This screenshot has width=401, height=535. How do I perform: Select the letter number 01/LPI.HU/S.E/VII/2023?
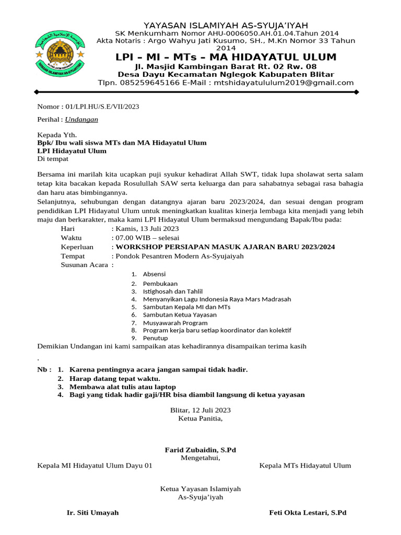(99, 107)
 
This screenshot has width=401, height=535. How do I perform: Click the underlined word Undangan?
(81, 119)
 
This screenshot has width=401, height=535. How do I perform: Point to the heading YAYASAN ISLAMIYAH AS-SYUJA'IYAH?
(226, 25)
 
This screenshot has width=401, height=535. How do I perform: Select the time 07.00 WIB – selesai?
(149, 238)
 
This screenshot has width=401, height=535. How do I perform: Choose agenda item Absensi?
(156, 274)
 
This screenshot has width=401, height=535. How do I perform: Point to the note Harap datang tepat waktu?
(115, 378)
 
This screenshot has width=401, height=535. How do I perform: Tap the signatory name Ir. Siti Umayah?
(93, 513)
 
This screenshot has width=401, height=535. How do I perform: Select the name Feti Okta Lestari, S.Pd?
(308, 513)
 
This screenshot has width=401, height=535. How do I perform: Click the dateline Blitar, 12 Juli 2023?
(200, 410)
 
